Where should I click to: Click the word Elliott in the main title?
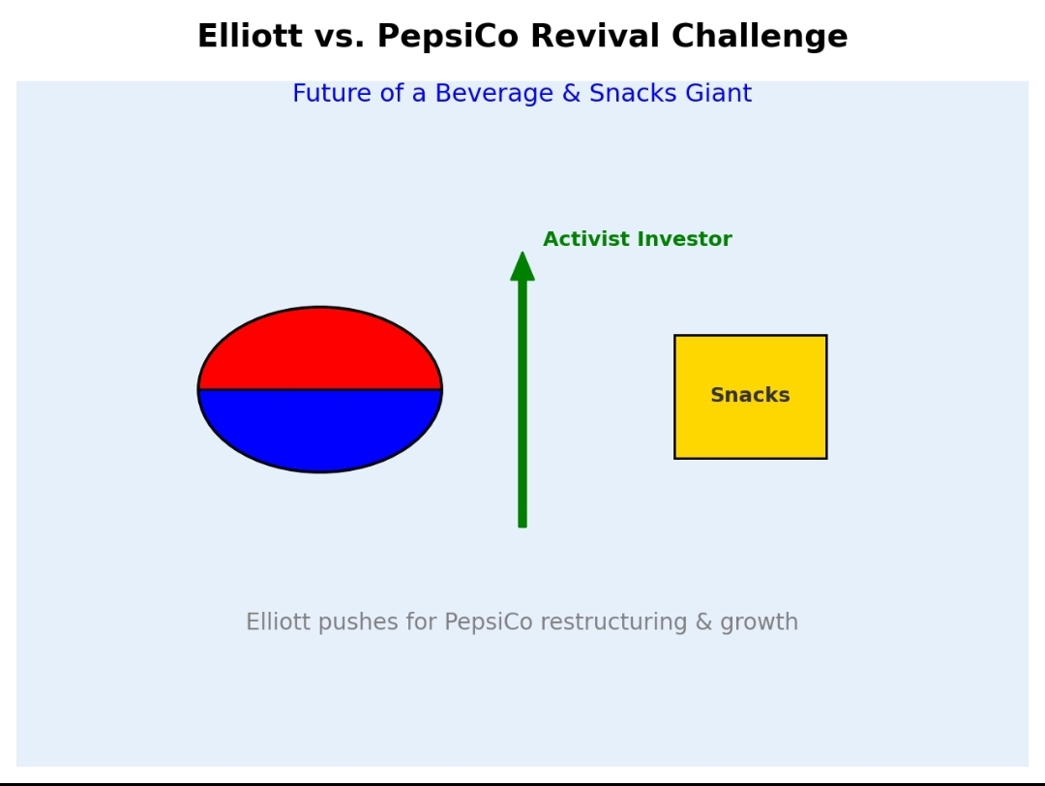250,36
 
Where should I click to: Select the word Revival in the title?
595,36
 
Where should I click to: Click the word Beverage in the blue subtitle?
493,94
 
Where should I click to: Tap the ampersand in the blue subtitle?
571,93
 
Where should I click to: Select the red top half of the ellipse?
320,350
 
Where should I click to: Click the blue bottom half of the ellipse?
320,430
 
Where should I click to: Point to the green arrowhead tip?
522,252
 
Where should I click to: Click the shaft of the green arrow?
522,404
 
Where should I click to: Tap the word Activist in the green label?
585,239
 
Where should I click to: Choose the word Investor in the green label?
684,239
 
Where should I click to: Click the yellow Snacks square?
751,397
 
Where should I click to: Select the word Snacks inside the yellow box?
751,395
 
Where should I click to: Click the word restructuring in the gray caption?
613,622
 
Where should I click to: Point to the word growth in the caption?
760,622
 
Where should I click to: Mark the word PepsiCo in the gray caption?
489,622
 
